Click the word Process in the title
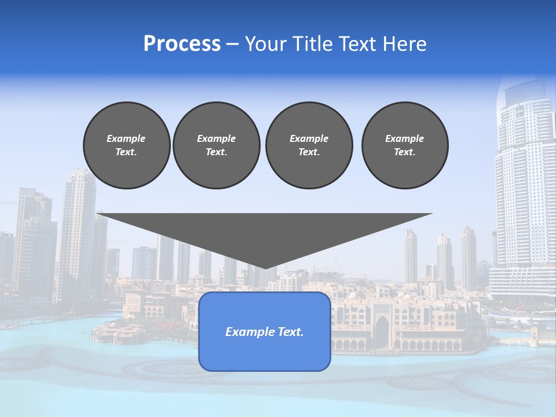coord(182,44)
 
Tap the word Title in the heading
coord(313,44)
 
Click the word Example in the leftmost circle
coord(126,138)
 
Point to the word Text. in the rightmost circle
coord(405,152)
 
